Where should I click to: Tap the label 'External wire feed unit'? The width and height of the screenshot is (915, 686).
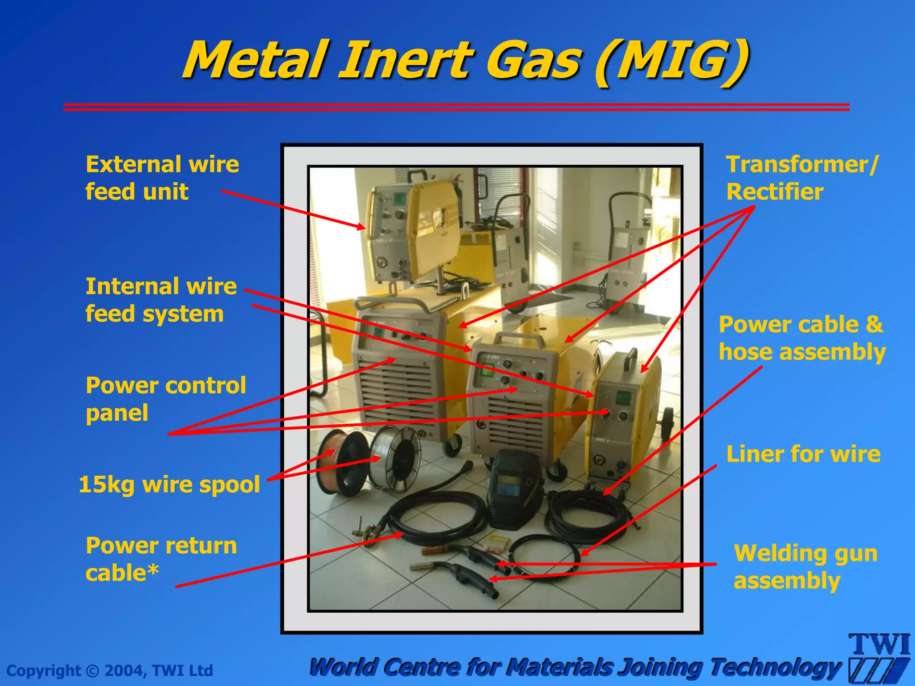click(x=162, y=178)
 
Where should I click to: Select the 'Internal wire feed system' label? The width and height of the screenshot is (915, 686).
click(x=161, y=300)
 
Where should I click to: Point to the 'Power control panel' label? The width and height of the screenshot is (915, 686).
click(x=165, y=399)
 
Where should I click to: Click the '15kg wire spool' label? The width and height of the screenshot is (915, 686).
click(x=169, y=485)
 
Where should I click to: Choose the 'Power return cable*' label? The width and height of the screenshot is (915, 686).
click(x=161, y=559)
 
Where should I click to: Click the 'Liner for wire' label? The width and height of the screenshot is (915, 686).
click(x=803, y=454)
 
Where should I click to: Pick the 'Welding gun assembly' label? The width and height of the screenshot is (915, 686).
click(x=806, y=567)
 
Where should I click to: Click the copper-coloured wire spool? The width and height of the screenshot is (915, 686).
click(x=340, y=462)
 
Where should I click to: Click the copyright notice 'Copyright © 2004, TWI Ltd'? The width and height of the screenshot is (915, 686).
click(x=110, y=670)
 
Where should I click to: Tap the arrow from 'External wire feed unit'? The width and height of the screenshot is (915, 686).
click(x=293, y=209)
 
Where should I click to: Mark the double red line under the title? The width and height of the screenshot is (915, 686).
click(x=456, y=107)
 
